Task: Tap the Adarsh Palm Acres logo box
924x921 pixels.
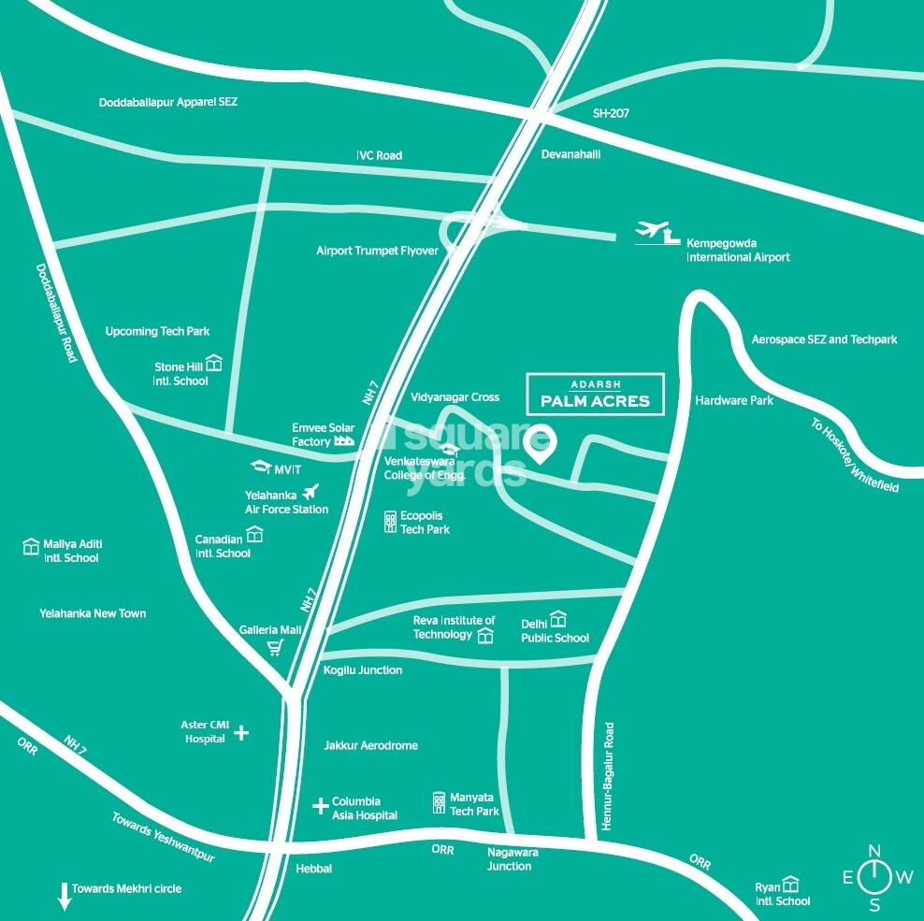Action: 595,394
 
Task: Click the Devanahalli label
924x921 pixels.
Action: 569,155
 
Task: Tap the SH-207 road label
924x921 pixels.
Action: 611,113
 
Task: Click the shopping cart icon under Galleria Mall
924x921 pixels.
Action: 275,648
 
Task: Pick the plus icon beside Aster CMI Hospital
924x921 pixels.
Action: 241,732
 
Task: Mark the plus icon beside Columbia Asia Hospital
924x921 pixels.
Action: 320,804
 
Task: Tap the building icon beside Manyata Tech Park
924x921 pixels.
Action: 439,802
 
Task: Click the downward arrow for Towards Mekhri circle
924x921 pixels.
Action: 65,896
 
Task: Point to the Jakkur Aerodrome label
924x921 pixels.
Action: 370,745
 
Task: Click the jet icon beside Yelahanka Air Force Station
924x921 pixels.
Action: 311,491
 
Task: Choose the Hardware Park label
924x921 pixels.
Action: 734,400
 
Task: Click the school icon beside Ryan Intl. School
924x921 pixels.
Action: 791,884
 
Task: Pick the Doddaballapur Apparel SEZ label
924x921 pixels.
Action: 168,102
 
